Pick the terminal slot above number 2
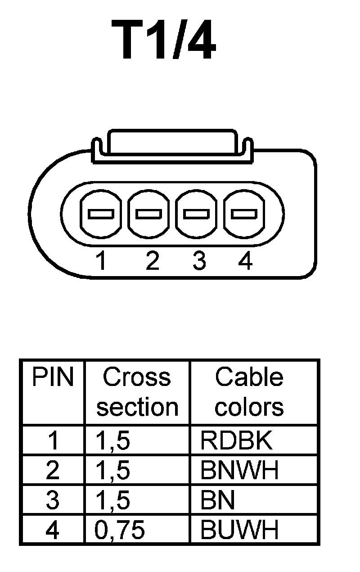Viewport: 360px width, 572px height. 148,213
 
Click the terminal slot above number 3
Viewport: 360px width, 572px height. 197,213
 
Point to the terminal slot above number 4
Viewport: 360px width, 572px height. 244,213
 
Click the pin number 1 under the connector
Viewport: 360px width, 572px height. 102,261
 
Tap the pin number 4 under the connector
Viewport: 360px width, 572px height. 245,261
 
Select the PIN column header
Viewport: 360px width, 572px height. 53,377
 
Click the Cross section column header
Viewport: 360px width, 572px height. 137,392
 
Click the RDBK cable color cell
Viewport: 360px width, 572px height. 237,441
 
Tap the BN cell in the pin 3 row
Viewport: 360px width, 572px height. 218,500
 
